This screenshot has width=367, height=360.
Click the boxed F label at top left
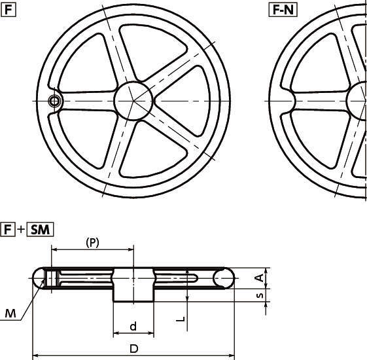(x=9, y=10)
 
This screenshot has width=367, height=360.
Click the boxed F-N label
(x=283, y=10)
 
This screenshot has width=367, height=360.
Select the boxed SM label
(x=41, y=230)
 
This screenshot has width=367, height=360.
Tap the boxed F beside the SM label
(x=8, y=230)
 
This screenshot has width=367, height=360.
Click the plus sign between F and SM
(x=21, y=230)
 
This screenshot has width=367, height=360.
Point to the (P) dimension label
(x=92, y=243)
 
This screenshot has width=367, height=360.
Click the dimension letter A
(x=259, y=278)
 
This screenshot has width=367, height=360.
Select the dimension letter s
(x=260, y=296)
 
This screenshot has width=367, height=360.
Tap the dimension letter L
(x=181, y=319)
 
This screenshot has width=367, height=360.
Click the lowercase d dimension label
(x=133, y=326)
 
